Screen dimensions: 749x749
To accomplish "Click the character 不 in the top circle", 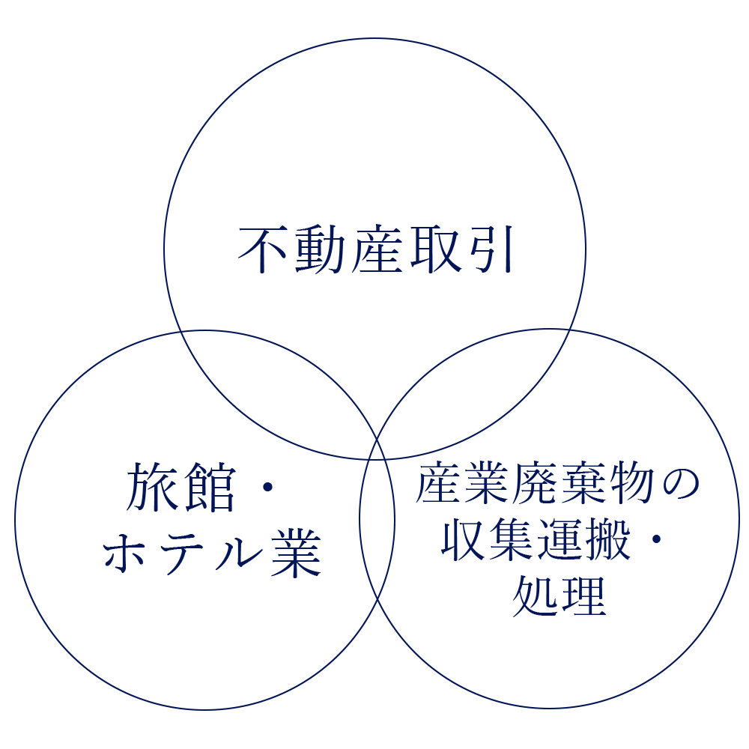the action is [x=262, y=249].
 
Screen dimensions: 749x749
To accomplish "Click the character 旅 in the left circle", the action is [x=149, y=487].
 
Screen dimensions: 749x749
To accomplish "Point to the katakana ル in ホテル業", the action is [x=238, y=554].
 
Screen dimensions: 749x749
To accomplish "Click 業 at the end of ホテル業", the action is [x=296, y=554].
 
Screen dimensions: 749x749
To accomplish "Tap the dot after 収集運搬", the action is [x=657, y=539].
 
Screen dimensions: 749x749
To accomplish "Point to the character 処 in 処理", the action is [x=536, y=596].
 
